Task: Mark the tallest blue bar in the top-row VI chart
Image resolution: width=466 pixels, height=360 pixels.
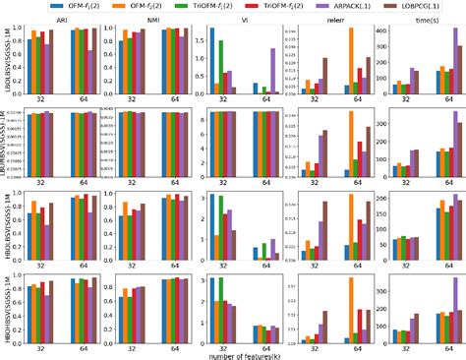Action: point(212,60)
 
